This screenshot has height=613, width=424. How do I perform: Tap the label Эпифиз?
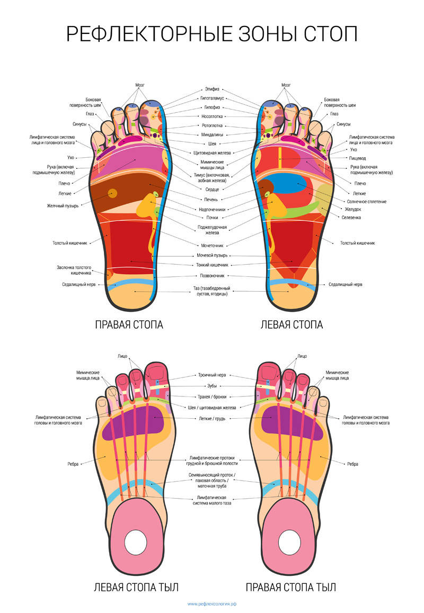[212, 89]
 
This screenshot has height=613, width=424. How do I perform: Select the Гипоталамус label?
[212, 98]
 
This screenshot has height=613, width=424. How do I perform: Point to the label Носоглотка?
[212, 116]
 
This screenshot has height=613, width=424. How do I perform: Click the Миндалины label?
[212, 134]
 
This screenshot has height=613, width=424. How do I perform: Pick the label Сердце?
[212, 189]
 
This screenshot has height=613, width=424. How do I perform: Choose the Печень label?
[212, 200]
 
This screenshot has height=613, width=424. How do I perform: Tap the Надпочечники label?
[212, 209]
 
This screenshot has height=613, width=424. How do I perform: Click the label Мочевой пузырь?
[212, 255]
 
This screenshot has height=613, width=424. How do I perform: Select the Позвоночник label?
[212, 276]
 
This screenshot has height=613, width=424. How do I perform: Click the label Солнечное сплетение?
[366, 201]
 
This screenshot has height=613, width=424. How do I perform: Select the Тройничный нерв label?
[212, 375]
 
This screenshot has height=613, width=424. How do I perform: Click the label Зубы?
[212, 386]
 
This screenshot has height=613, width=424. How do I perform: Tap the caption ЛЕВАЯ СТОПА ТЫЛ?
[136, 587]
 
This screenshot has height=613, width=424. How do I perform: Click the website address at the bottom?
[212, 604]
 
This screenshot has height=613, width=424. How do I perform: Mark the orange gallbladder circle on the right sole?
[112, 193]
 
